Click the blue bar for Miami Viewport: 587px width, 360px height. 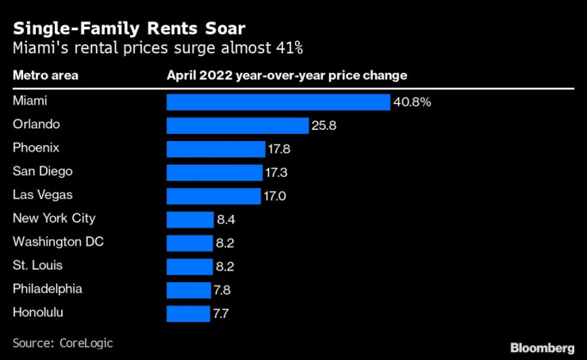[x=278, y=102]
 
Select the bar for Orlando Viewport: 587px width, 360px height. [x=237, y=125]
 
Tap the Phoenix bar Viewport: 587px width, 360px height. [x=215, y=149]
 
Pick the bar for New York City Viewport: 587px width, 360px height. [x=189, y=220]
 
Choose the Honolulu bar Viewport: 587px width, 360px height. [x=188, y=313]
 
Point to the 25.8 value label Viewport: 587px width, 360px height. [x=324, y=125]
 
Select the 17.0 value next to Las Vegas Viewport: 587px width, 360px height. [x=276, y=196]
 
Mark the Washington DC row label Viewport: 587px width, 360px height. [x=58, y=242]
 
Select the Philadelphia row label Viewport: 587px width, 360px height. [x=47, y=289]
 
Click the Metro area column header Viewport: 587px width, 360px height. [x=44, y=75]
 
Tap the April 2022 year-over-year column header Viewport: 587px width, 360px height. [x=286, y=75]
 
